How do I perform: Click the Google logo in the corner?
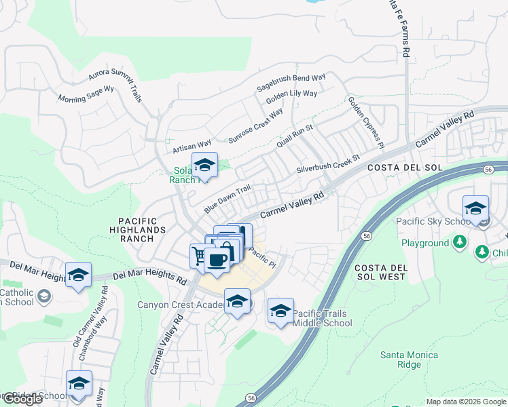point(22,399)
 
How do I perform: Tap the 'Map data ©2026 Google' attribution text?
point(466,402)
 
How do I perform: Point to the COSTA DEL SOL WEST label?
point(380,272)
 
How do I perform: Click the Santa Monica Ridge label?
point(409,360)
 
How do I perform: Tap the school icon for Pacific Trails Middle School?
point(280,311)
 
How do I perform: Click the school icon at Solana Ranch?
point(204,164)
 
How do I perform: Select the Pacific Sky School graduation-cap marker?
point(475,208)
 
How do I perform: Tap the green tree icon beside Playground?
point(460,242)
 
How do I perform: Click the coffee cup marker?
point(217,260)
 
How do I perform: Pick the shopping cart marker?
point(198,256)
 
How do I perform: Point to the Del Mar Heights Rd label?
point(149,277)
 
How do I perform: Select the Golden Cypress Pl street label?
point(367,122)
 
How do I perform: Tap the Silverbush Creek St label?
point(327,166)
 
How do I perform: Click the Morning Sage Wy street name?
point(86,94)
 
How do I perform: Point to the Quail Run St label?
point(295,136)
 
